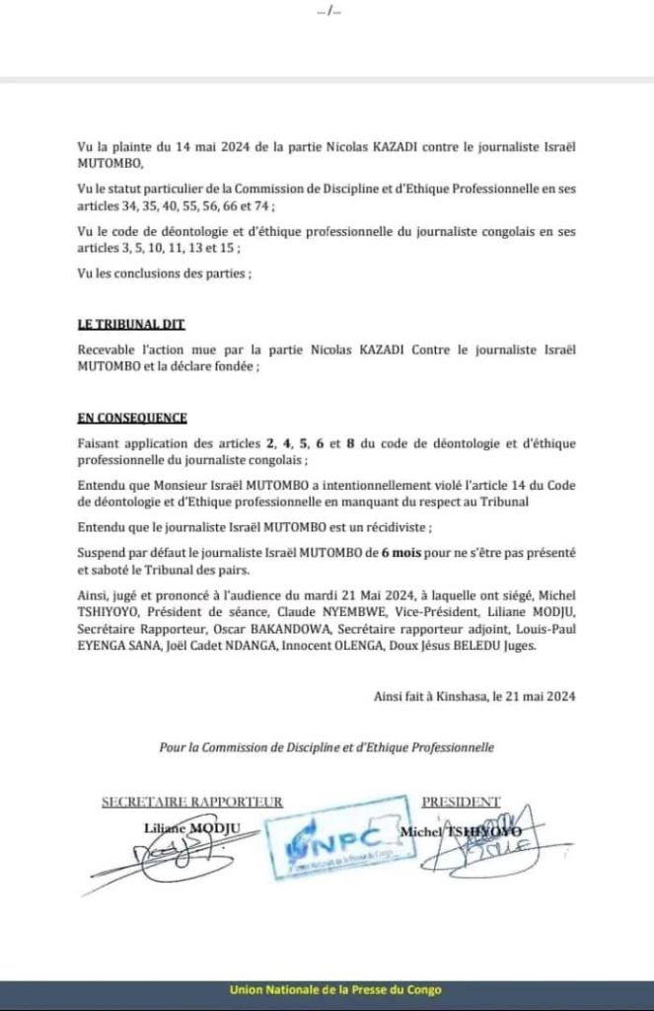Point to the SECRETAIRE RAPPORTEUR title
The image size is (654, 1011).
[x=192, y=802]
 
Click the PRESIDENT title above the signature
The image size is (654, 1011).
[x=461, y=802]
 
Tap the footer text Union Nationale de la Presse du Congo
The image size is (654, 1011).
[x=335, y=989]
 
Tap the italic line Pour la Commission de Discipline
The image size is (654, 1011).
[x=327, y=747]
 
